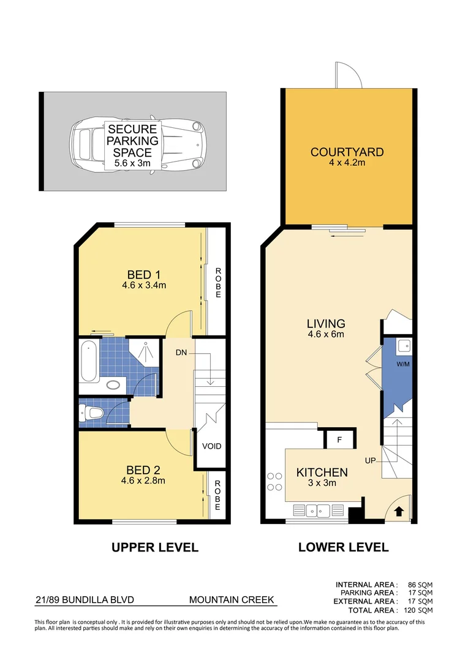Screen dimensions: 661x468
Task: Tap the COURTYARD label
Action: click(347, 152)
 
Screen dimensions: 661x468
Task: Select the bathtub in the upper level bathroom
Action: click(89, 362)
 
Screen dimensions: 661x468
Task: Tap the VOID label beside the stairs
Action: click(212, 446)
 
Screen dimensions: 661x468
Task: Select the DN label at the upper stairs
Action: click(181, 353)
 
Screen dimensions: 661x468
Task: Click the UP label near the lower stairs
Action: click(371, 460)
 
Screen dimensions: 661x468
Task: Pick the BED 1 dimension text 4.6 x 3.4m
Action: click(145, 285)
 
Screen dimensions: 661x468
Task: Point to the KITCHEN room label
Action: click(322, 472)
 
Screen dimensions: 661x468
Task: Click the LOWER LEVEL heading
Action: click(343, 547)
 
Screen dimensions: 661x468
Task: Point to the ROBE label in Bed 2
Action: click(217, 495)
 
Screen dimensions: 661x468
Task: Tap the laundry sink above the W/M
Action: click(403, 346)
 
